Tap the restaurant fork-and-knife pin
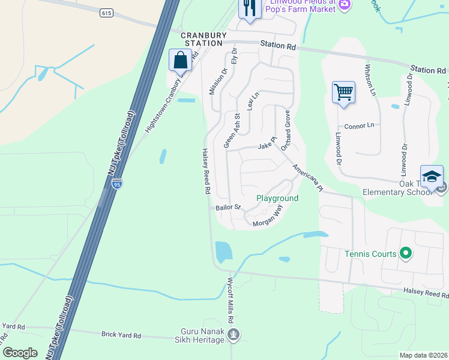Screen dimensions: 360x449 pyautogui.click(x=249, y=9)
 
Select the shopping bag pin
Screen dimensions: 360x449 pyautogui.click(x=180, y=61)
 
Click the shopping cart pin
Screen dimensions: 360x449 pyautogui.click(x=343, y=92)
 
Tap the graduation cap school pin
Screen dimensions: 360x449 pyautogui.click(x=432, y=176)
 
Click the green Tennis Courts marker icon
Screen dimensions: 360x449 pyautogui.click(x=406, y=254)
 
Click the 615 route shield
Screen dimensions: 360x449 pyautogui.click(x=107, y=13)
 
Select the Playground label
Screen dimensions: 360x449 pyautogui.click(x=277, y=198)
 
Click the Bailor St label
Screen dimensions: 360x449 pyautogui.click(x=228, y=208)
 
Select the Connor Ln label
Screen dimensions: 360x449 pyautogui.click(x=359, y=126)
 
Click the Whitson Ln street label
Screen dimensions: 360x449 pyautogui.click(x=371, y=80)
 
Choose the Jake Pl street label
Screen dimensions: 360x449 pyautogui.click(x=267, y=145)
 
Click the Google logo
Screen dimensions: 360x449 pyautogui.click(x=20, y=353)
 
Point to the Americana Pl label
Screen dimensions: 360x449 pyautogui.click(x=308, y=178)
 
